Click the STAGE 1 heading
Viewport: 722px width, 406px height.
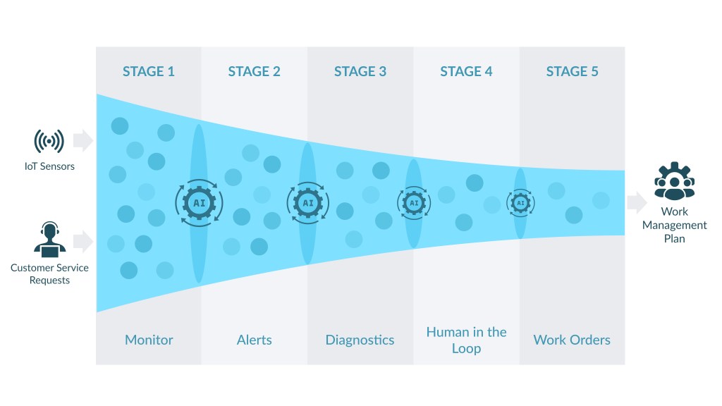(148, 71)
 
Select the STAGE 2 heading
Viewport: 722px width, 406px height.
(254, 71)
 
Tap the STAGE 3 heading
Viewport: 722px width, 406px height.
(360, 71)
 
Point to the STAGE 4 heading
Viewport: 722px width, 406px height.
(466, 71)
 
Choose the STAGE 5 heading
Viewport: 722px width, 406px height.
(572, 71)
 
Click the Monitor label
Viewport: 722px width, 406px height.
(149, 340)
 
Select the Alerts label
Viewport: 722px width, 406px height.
(254, 340)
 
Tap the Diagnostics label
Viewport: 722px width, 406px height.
(360, 340)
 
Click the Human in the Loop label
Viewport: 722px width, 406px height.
(466, 340)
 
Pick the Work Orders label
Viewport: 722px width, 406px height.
(572, 340)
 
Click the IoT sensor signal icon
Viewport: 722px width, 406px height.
(49, 141)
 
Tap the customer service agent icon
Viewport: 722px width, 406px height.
(49, 238)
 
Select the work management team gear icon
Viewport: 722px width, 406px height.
(674, 182)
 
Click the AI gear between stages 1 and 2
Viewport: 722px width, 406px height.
(199, 203)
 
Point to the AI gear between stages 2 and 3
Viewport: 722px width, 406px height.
(307, 203)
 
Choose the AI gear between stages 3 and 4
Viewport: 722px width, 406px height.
(413, 203)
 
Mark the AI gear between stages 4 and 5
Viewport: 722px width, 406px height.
(520, 203)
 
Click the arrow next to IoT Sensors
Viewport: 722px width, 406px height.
(83, 140)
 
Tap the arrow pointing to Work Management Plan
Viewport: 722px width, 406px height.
(637, 203)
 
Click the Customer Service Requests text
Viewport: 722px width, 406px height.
(50, 273)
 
